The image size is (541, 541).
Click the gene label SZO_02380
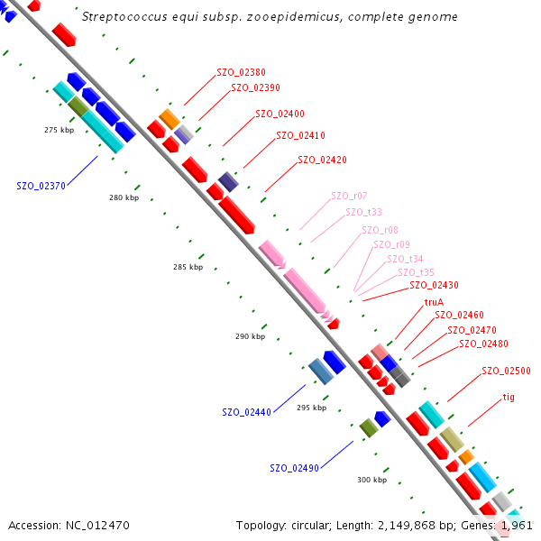click(241, 72)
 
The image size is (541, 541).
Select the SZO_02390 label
click(255, 87)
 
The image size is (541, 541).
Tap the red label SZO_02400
click(280, 114)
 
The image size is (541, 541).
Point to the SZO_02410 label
click(300, 135)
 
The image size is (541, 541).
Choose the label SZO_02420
click(322, 160)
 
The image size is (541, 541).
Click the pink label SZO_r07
click(349, 196)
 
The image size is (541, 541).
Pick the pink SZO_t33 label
click(363, 212)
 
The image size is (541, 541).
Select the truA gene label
click(434, 302)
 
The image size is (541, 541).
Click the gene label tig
click(509, 397)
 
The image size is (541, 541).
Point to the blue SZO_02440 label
click(246, 412)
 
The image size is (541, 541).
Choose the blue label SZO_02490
click(294, 468)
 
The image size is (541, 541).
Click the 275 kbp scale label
click(59, 130)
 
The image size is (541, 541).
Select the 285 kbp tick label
click(188, 267)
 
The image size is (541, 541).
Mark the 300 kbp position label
click(371, 480)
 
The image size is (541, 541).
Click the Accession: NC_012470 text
click(69, 525)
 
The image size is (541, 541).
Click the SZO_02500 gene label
click(506, 371)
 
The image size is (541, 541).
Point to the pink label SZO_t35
click(416, 272)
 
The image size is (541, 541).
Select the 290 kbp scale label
click(250, 336)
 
